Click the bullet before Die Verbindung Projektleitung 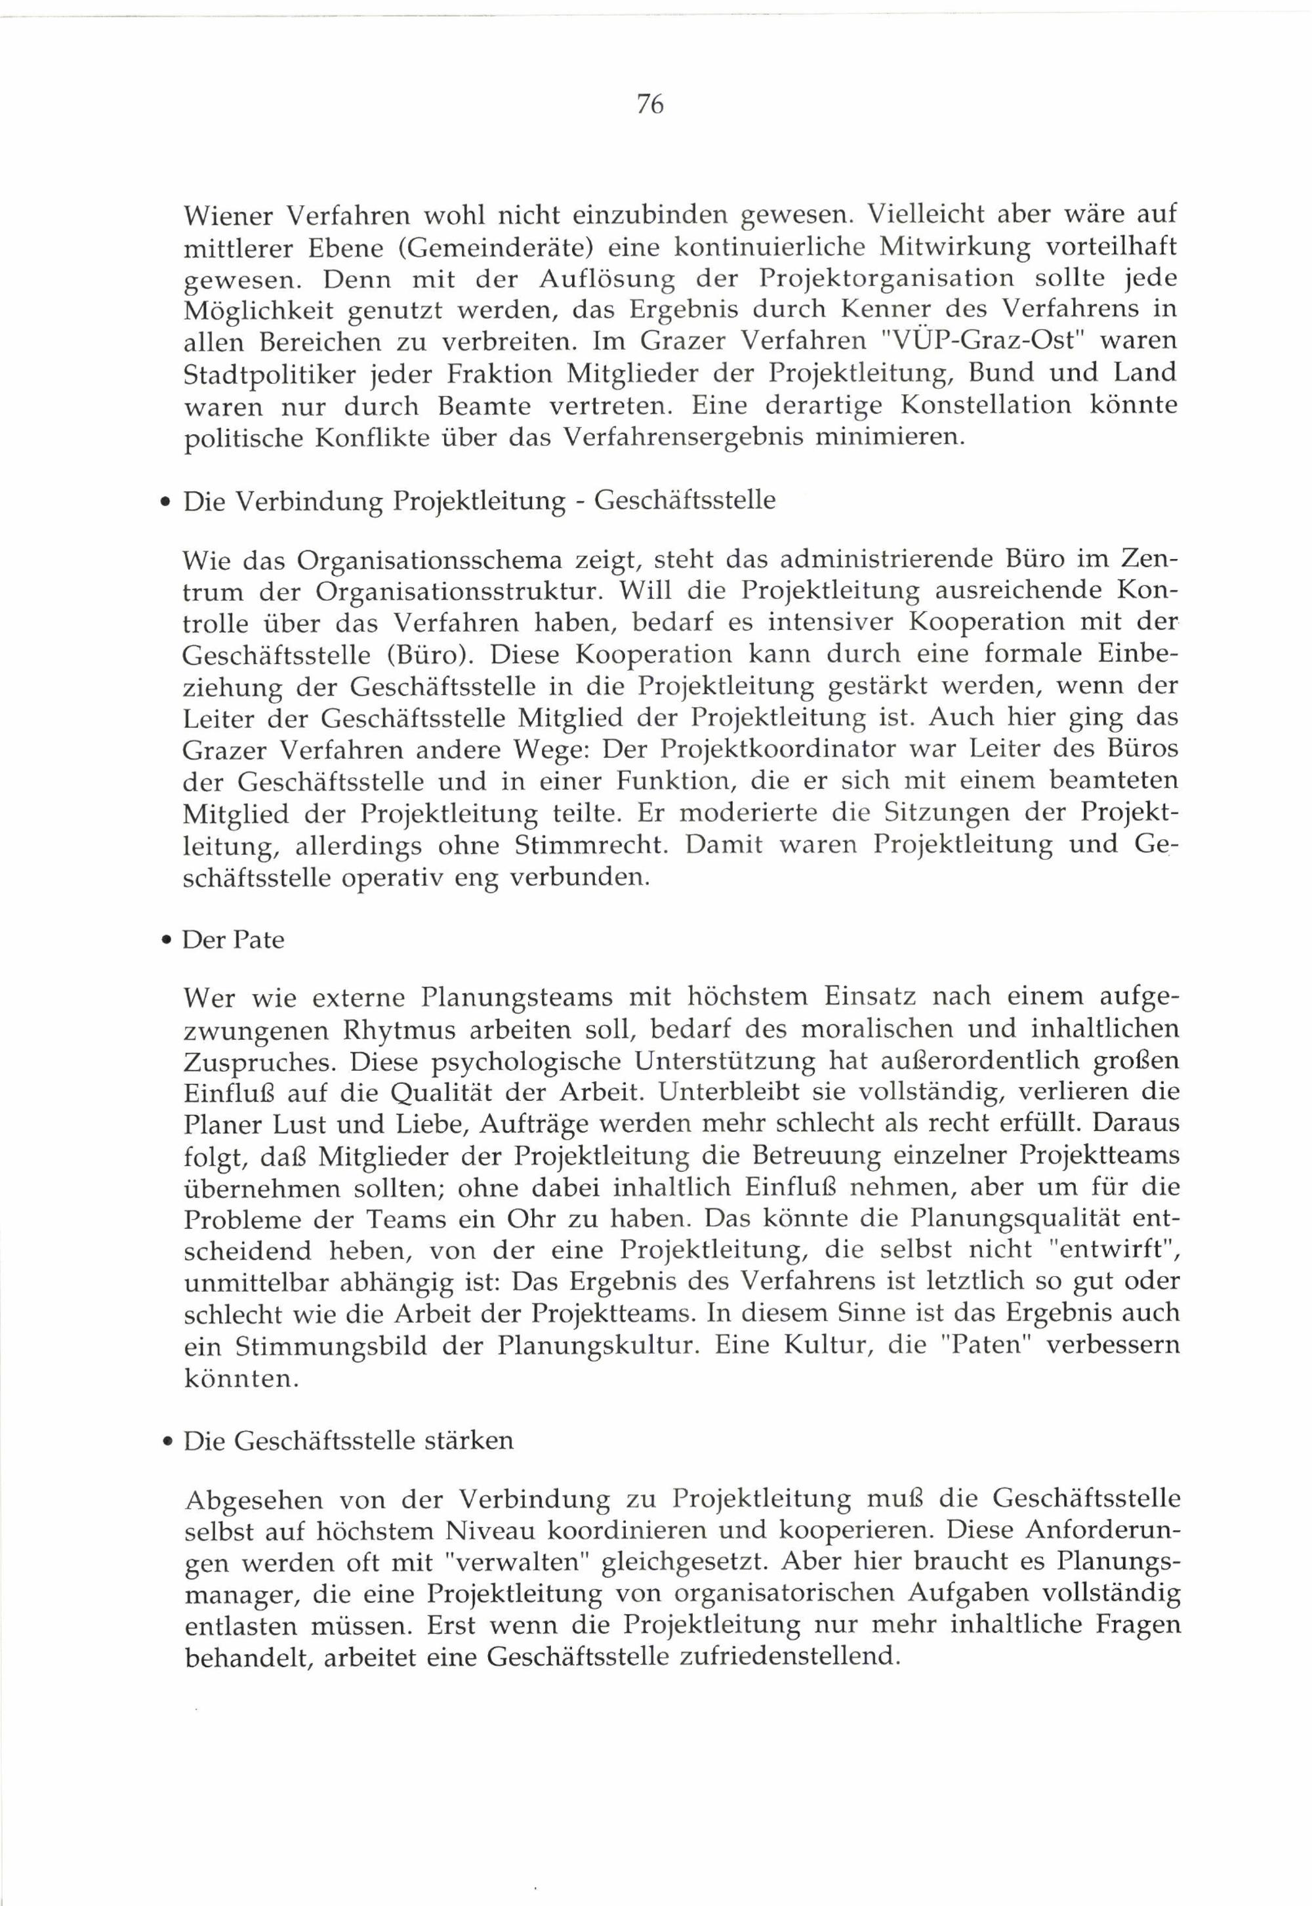(167, 503)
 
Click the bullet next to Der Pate (167, 940)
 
